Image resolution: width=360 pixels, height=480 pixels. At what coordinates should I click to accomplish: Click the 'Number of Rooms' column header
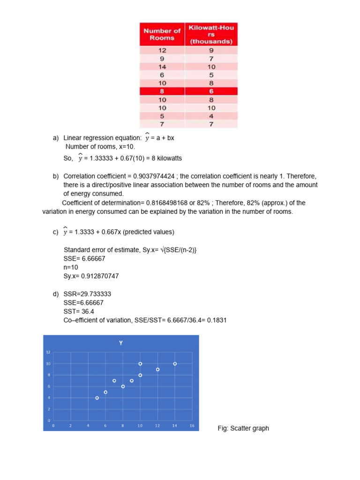162,34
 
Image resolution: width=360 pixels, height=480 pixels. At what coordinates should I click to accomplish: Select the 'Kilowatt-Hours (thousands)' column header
211,34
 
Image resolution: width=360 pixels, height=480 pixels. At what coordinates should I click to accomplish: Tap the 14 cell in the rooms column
162,67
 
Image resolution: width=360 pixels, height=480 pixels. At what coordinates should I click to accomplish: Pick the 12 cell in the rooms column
162,50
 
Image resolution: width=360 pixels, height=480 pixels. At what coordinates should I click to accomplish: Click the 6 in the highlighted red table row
211,91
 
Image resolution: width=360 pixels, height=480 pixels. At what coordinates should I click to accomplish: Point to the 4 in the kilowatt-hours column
211,116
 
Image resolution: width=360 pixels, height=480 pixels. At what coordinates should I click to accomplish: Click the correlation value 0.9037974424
152,176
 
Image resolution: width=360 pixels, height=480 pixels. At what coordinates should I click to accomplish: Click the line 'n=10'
72,267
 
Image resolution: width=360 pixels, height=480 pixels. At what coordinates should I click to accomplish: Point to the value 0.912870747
98,276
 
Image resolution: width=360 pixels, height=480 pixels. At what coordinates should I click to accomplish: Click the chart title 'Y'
121,343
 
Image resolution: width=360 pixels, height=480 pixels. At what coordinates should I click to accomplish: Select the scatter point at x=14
175,364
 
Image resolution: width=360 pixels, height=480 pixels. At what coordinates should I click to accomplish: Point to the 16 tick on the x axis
192,426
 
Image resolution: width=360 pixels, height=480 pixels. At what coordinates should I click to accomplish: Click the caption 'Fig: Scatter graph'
243,428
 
